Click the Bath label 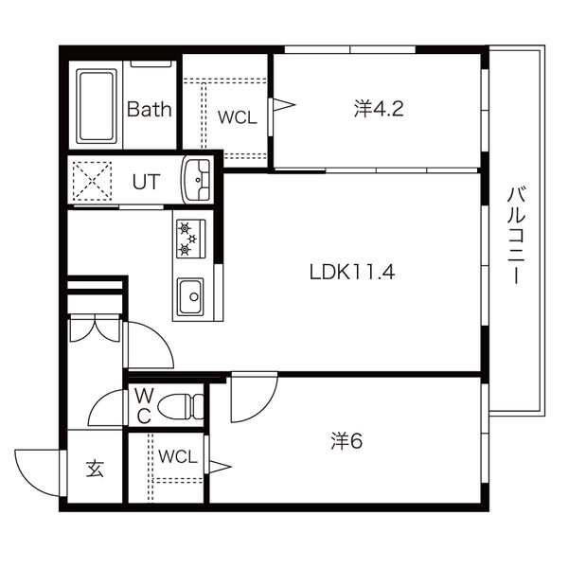coord(150,109)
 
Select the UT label coord(145,180)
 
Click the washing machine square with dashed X coord(91,180)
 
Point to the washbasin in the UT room coord(199,179)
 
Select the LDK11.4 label coord(351,273)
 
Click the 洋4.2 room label coord(379,108)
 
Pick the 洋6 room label coord(347,440)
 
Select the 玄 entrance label coord(96,468)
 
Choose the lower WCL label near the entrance coord(177,456)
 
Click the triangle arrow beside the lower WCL coord(220,465)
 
